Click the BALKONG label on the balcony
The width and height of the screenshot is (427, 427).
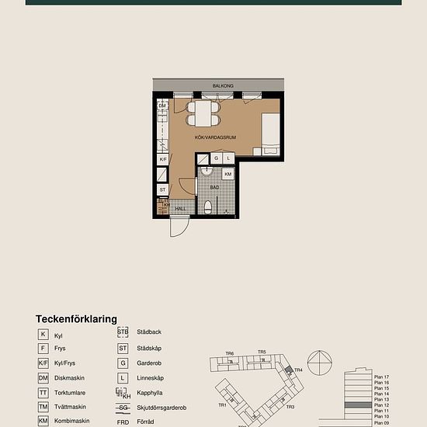click(x=223, y=85)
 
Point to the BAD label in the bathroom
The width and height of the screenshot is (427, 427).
click(x=213, y=188)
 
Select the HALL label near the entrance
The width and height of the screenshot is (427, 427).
click(x=179, y=208)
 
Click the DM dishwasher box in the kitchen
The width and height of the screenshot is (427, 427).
click(x=162, y=106)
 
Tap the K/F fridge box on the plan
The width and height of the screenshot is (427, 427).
click(x=163, y=159)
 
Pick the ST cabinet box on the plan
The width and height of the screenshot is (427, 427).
click(x=163, y=189)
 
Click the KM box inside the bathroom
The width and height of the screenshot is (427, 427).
click(x=227, y=175)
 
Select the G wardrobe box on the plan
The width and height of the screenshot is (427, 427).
click(x=217, y=158)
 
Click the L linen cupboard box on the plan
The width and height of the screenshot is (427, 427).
click(x=228, y=158)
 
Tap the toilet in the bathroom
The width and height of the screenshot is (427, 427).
click(x=208, y=207)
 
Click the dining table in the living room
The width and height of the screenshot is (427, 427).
click(x=203, y=114)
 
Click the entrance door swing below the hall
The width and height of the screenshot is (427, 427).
click(x=179, y=227)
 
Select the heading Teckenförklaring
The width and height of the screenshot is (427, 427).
click(x=76, y=319)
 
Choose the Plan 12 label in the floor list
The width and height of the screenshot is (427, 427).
click(x=381, y=405)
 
